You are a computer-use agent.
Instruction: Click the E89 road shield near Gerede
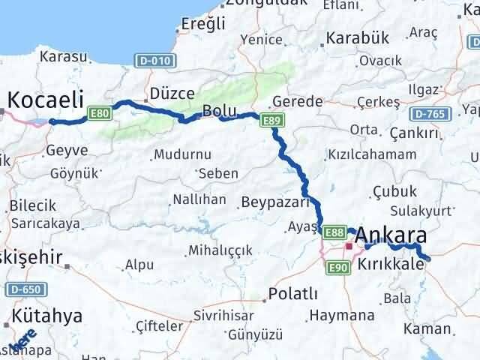point(271,119)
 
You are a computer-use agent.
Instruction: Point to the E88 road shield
point(335,233)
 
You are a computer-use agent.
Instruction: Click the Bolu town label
point(219,112)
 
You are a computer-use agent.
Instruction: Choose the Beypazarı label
point(275,202)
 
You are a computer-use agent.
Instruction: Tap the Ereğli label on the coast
point(202,24)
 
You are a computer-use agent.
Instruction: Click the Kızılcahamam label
point(371,154)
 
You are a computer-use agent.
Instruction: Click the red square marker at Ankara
point(348,245)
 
